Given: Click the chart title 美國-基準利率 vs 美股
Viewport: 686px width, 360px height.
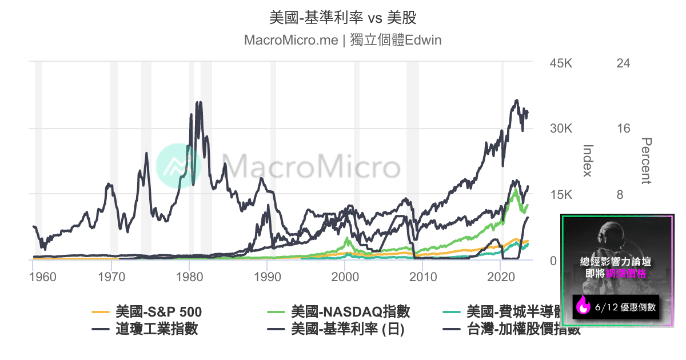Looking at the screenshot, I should click(x=342, y=18).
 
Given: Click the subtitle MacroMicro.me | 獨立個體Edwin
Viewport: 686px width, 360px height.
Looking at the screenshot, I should click(x=342, y=41).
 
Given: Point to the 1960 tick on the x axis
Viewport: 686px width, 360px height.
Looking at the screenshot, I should click(x=42, y=277).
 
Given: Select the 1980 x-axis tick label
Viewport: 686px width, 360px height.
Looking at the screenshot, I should click(x=189, y=277).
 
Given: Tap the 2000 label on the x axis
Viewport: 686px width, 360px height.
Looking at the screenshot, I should click(x=345, y=277).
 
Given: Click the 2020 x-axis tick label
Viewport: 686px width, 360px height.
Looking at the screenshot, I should click(x=501, y=277).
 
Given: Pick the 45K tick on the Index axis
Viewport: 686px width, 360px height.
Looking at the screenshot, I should click(x=560, y=63).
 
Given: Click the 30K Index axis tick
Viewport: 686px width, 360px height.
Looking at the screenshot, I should click(x=560, y=129).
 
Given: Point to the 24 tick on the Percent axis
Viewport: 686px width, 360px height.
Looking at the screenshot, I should click(x=623, y=63).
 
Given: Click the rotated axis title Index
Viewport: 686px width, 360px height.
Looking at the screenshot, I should click(x=587, y=161).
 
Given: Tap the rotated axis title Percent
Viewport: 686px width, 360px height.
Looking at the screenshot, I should click(x=647, y=161).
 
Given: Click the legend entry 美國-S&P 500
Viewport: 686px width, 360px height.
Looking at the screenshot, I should click(x=158, y=312).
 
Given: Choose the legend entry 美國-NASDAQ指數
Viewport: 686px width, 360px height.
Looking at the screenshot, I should click(x=350, y=312).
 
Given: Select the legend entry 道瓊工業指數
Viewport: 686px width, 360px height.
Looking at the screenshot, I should click(x=156, y=329).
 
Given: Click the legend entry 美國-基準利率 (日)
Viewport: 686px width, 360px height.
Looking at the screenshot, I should click(x=348, y=329).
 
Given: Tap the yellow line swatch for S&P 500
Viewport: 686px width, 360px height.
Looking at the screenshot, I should click(x=101, y=313).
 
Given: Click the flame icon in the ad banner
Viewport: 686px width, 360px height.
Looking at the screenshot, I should click(x=584, y=307).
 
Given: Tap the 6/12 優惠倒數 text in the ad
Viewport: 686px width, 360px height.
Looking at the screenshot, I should click(x=625, y=307).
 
